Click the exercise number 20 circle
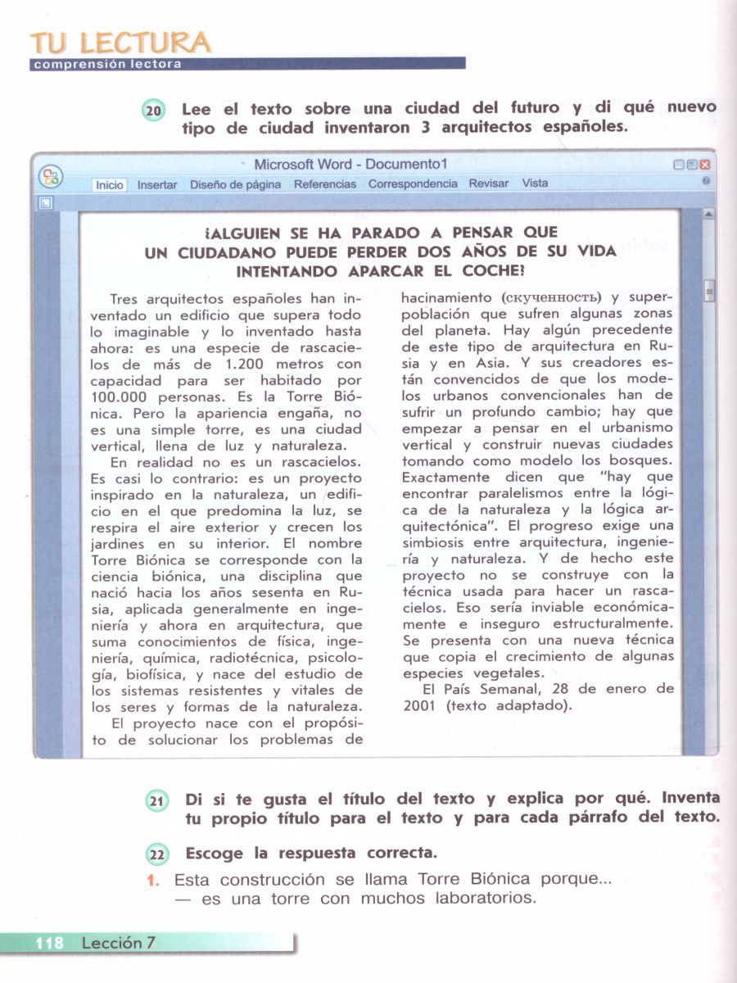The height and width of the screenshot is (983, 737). click(x=154, y=111)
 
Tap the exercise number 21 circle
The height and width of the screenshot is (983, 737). click(x=157, y=802)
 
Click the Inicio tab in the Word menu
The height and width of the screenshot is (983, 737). click(x=109, y=185)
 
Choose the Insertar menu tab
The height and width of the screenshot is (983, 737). click(x=157, y=185)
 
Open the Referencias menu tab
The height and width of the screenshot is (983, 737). click(x=325, y=184)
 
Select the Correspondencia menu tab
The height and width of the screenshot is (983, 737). click(x=413, y=183)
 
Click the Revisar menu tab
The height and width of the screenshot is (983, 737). click(x=488, y=183)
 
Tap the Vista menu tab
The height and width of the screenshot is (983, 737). click(x=535, y=183)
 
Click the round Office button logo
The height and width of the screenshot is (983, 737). click(x=52, y=176)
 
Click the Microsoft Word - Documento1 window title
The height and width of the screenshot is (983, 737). click(x=350, y=165)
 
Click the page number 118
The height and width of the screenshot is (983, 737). click(x=49, y=943)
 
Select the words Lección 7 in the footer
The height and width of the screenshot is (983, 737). click(x=118, y=943)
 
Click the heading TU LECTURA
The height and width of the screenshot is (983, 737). click(x=119, y=43)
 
